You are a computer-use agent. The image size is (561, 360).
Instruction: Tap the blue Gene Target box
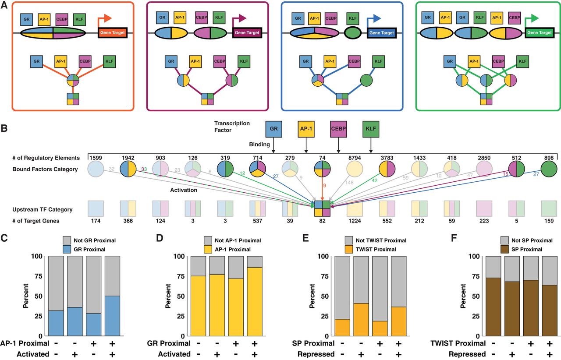[381, 33]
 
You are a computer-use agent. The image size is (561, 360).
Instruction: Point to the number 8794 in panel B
[355, 157]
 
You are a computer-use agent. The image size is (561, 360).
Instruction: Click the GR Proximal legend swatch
[67, 249]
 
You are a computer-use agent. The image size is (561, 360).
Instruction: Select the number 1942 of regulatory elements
[127, 157]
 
